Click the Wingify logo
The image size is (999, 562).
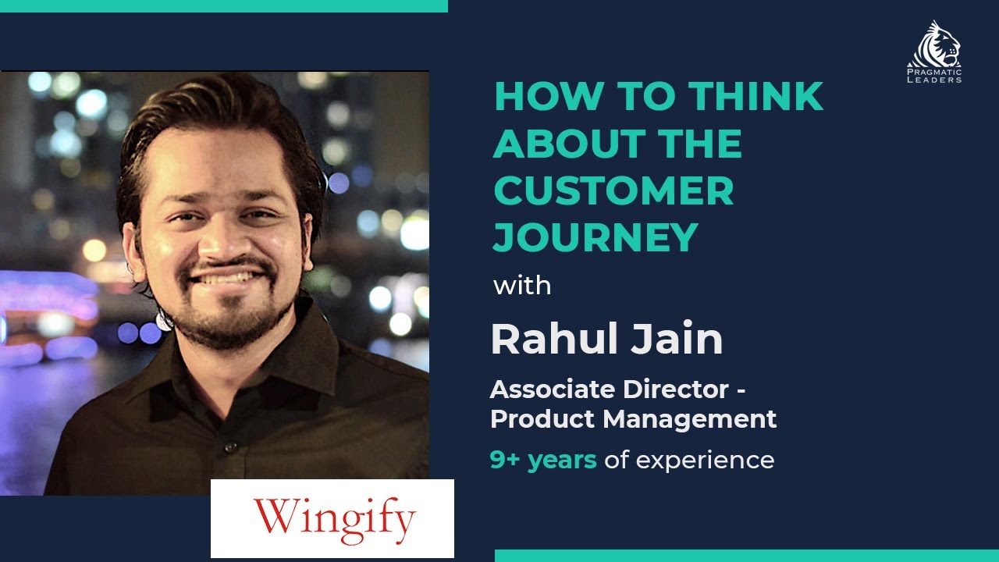coord(333,518)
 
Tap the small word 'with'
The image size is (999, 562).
coord(522,286)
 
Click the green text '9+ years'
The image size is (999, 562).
coord(543,460)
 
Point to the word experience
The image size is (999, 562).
coord(704,461)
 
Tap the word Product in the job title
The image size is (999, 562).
coord(543,419)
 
